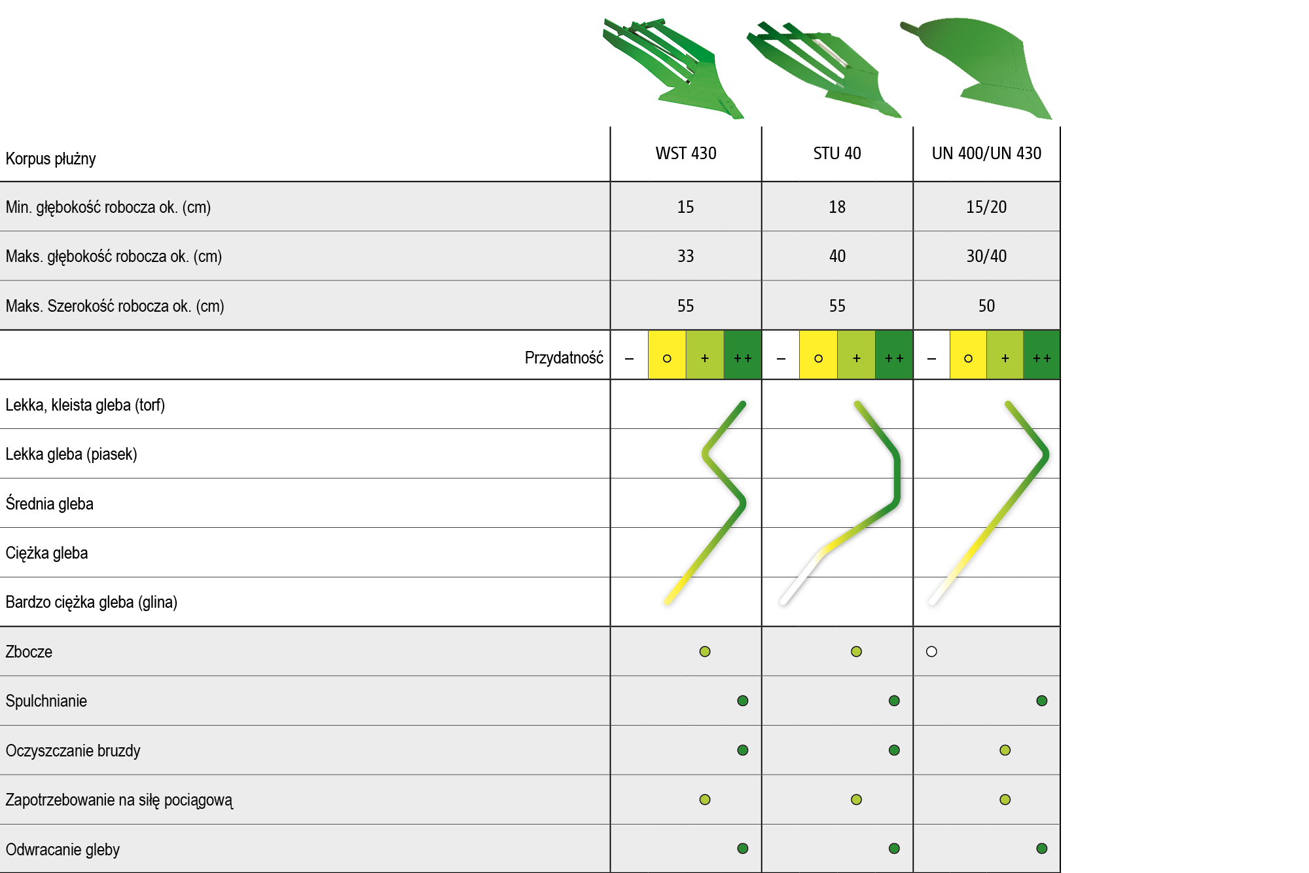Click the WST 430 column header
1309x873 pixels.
point(686,153)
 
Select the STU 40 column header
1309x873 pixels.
point(837,153)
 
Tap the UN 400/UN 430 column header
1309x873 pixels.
point(986,153)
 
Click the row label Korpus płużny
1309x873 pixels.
point(50,158)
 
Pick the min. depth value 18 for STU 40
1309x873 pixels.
point(837,207)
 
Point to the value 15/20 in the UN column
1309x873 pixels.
point(986,207)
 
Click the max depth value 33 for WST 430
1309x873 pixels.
point(685,256)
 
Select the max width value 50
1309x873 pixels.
point(986,306)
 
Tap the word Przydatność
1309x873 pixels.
point(564,358)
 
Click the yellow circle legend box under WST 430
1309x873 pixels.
point(667,355)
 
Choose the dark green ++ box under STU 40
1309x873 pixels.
point(894,355)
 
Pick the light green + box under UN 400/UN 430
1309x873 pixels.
point(1005,355)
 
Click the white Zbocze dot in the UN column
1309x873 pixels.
point(931,652)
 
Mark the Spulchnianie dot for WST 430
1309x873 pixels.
point(742,701)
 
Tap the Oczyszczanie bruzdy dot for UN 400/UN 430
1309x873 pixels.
point(1005,750)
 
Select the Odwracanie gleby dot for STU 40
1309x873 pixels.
point(894,849)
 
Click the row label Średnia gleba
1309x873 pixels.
point(50,503)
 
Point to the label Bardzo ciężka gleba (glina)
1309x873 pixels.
point(92,602)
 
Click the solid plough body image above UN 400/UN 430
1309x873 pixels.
point(976,68)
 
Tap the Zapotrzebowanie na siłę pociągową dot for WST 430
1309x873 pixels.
point(705,800)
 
